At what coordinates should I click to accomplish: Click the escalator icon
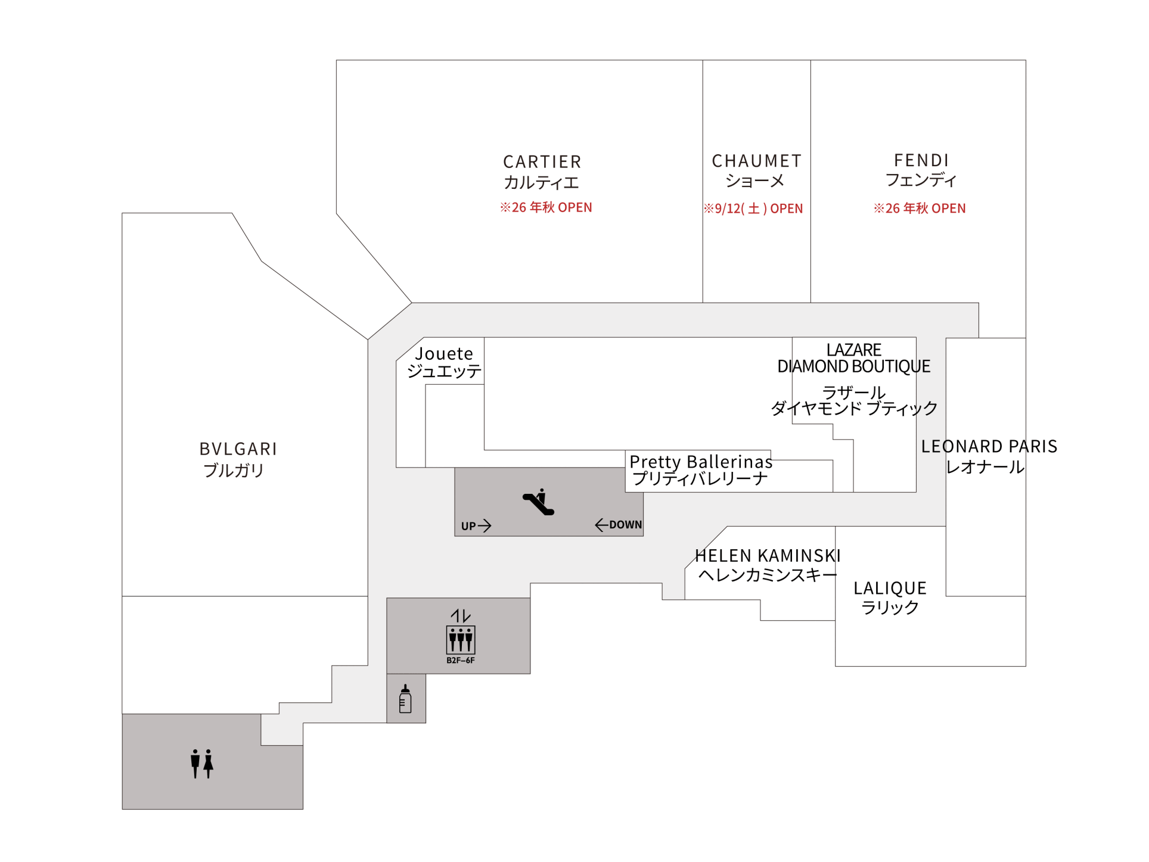[539, 502]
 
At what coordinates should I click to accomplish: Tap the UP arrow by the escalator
[485, 525]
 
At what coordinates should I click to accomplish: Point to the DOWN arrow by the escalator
[601, 525]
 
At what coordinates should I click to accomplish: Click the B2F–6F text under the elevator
[461, 660]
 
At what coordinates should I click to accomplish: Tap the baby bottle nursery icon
[405, 699]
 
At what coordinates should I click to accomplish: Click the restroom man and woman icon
[202, 764]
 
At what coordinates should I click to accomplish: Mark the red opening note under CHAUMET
[753, 209]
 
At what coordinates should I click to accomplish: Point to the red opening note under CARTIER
[546, 207]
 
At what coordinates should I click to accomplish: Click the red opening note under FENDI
[920, 209]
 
